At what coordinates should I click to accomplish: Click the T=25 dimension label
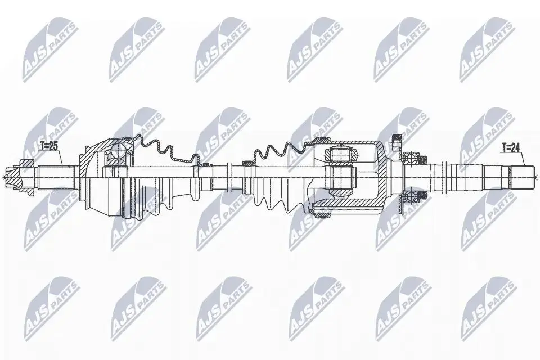(x=48, y=146)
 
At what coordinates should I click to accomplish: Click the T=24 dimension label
(x=510, y=148)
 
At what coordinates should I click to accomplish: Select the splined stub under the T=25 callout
(x=56, y=177)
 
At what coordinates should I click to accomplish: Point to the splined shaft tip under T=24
(x=523, y=177)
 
